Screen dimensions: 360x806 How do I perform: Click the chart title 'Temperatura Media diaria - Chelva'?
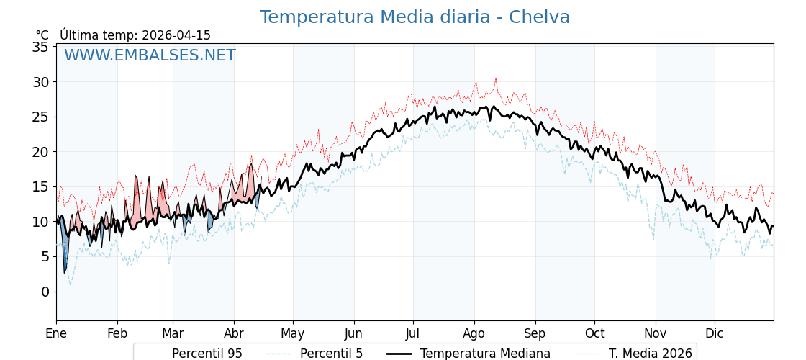point(415,17)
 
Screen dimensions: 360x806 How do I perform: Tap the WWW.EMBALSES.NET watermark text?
point(150,55)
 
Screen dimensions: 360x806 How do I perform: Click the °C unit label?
point(42,35)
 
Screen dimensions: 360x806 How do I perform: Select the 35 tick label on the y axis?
point(40,48)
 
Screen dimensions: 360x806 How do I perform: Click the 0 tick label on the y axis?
point(45,292)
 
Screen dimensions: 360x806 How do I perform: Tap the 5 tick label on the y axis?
point(45,257)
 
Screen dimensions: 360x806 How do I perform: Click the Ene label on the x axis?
point(56,333)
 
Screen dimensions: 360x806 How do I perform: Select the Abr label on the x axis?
point(234,333)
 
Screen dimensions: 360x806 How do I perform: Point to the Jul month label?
point(413,333)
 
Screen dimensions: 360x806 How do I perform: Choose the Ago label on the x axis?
point(474,333)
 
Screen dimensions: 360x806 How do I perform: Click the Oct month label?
point(594,333)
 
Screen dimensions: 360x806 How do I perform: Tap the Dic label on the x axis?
point(715,333)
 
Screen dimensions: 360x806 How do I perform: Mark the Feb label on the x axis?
point(117,333)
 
